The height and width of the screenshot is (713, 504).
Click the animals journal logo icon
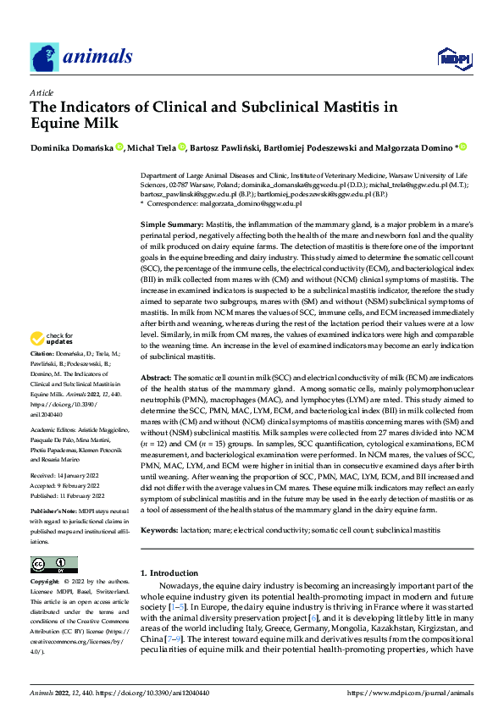tap(42, 56)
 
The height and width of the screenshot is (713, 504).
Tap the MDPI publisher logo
tap(452, 57)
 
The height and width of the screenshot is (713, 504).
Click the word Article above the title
tap(41, 91)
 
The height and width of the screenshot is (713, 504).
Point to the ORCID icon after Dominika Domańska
tap(120, 147)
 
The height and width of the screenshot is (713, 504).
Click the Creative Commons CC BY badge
tap(53, 564)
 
